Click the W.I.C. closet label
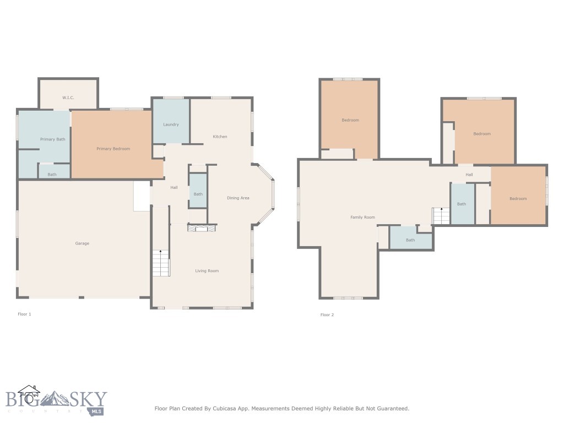point(68,97)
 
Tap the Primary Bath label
point(52,139)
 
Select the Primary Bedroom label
point(113,149)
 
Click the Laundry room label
point(171,124)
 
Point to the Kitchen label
point(220,137)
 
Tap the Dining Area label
point(238,198)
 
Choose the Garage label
point(82,243)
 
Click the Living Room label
point(207,271)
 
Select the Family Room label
point(362,218)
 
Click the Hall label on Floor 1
point(173,188)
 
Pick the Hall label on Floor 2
point(469,175)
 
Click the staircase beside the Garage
point(161,263)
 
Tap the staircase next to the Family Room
point(441,216)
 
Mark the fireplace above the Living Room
point(201,228)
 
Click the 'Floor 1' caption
point(25,314)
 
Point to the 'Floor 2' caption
point(327,315)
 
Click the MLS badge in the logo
point(97,411)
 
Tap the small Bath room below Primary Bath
point(52,175)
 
